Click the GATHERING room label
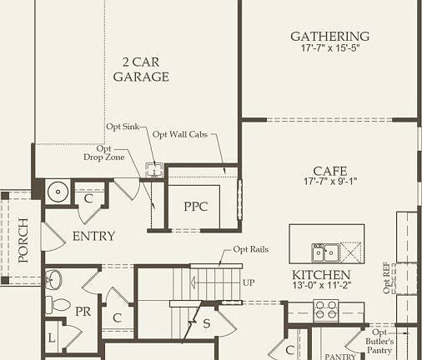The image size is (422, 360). [x=329, y=37]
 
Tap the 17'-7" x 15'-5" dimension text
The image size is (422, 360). [x=329, y=48]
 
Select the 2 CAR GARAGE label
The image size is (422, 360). [x=146, y=71]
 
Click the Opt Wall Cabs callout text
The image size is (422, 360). [x=179, y=134]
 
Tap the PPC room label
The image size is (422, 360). [x=195, y=207]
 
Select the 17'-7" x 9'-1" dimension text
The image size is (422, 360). [x=330, y=182]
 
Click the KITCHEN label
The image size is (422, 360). [x=321, y=275]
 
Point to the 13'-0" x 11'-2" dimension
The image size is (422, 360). [x=321, y=286]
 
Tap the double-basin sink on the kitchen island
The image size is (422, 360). [x=324, y=252]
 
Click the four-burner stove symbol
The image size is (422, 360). [x=325, y=310]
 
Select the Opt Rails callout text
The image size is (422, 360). [x=250, y=250]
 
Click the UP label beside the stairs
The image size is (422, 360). [x=249, y=283]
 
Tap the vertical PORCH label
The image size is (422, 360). [x=23, y=239]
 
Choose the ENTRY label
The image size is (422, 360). [x=93, y=237]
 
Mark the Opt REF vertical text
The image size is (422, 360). [x=387, y=277]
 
